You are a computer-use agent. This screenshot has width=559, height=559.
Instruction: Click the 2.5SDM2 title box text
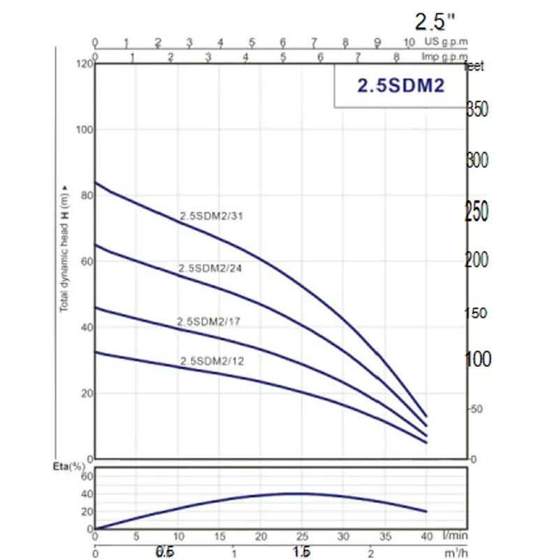pyautogui.click(x=401, y=86)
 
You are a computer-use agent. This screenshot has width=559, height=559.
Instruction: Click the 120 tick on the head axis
pyautogui.click(x=84, y=64)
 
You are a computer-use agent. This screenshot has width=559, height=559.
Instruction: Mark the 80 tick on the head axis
pyautogui.click(x=86, y=195)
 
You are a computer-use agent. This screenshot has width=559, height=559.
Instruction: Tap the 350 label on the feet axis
pyautogui.click(x=478, y=110)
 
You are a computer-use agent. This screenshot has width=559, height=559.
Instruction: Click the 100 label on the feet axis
pyautogui.click(x=478, y=359)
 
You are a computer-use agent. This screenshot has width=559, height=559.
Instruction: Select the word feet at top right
pyautogui.click(x=474, y=67)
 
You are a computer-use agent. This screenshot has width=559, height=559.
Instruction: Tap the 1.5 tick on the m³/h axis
pyautogui.click(x=302, y=553)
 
